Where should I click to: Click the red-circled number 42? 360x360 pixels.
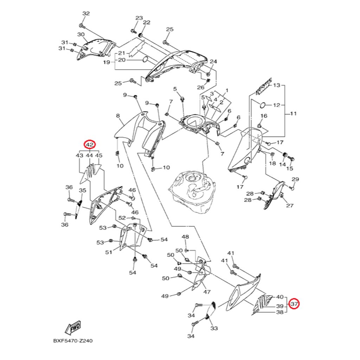[89, 144]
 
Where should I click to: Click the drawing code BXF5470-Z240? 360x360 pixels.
[73, 341]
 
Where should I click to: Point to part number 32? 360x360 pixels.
[86, 13]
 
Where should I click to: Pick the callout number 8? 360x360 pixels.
[118, 116]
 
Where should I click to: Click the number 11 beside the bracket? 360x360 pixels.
[293, 114]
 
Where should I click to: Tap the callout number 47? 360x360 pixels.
[207, 292]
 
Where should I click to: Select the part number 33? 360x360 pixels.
[214, 328]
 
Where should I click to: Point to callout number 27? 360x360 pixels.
[290, 205]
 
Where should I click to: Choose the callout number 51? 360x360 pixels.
[109, 252]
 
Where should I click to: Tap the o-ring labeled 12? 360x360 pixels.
[263, 104]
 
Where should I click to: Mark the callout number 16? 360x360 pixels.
[264, 116]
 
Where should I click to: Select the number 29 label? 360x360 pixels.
[295, 179]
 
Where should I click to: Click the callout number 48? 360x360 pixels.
[185, 237]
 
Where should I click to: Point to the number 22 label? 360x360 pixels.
[147, 22]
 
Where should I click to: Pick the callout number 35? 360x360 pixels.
[82, 191]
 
